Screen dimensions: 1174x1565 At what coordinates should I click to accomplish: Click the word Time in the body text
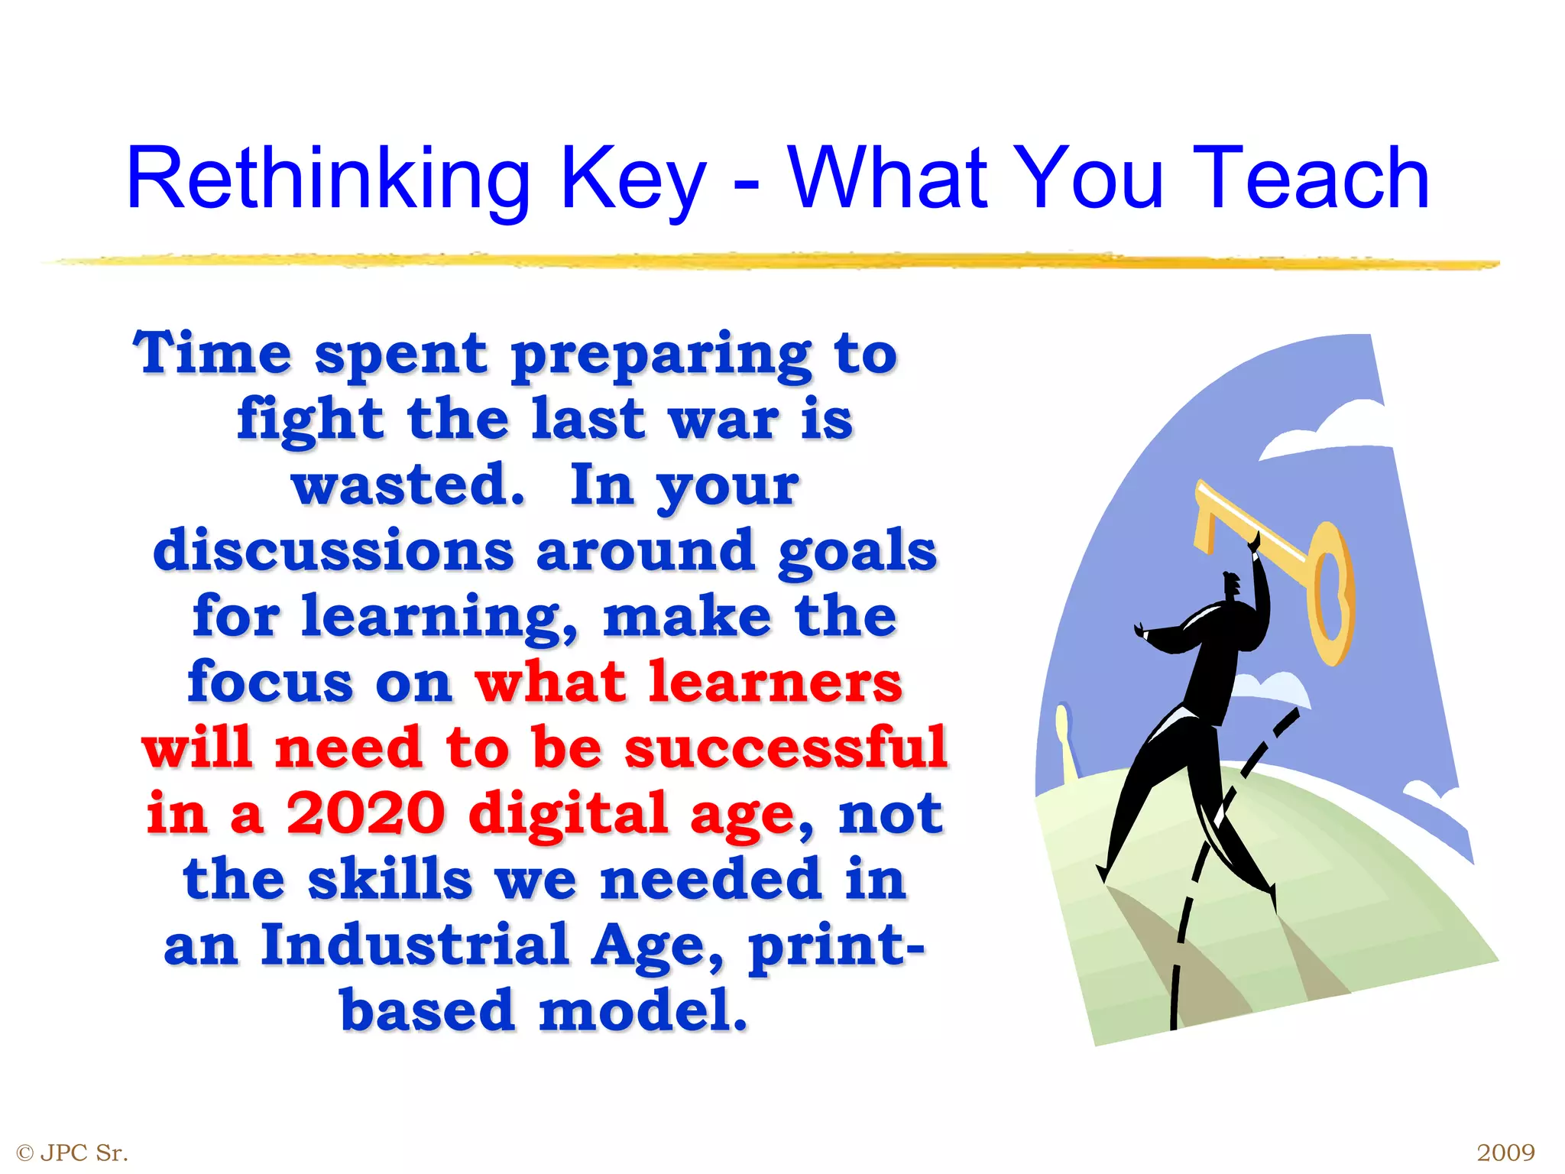tap(212, 353)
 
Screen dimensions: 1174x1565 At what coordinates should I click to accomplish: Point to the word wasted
tap(408, 485)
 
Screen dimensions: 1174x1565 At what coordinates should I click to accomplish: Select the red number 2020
tap(366, 813)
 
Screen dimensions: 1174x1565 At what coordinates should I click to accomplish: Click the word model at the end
tap(642, 1010)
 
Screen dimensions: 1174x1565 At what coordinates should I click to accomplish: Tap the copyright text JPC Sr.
tap(83, 1152)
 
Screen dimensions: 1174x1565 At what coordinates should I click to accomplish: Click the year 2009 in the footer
tap(1505, 1152)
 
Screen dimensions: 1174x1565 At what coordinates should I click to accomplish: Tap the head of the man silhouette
tap(1232, 585)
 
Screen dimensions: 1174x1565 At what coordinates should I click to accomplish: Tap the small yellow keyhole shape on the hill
tap(1064, 738)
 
